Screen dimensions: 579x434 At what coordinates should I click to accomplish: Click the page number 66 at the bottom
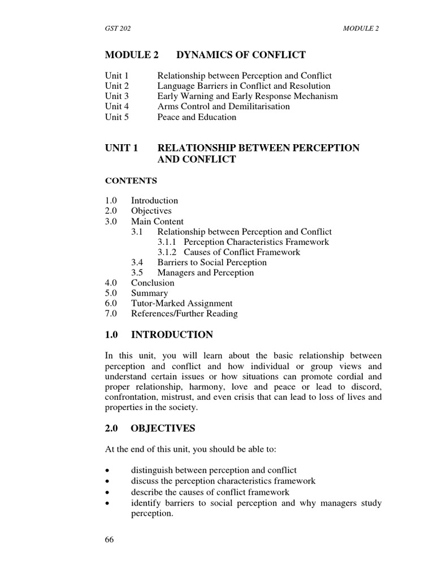tap(110, 539)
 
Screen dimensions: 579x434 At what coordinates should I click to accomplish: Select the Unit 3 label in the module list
tap(117, 96)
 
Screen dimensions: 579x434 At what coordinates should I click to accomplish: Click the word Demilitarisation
tap(257, 107)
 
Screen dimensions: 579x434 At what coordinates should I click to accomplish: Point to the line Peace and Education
tap(197, 118)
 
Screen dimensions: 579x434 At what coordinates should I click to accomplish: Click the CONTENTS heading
tap(131, 181)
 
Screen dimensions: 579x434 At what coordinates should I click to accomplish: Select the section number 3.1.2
tap(169, 252)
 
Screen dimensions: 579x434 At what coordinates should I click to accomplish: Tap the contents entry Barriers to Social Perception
tap(212, 262)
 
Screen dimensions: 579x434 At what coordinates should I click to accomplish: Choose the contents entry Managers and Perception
tap(206, 273)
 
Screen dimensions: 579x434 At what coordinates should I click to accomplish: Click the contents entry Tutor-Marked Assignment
tap(181, 304)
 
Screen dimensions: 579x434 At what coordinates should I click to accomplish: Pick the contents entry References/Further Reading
tap(184, 314)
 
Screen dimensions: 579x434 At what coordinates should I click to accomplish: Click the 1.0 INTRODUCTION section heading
tap(159, 335)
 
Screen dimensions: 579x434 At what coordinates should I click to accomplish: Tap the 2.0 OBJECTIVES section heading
tap(150, 429)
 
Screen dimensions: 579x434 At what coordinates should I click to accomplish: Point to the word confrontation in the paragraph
tap(132, 397)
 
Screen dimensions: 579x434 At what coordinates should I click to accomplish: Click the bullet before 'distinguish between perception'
tap(107, 471)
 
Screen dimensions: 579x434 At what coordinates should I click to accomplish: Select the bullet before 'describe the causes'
tap(107, 492)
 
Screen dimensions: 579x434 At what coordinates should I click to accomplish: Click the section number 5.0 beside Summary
tap(111, 293)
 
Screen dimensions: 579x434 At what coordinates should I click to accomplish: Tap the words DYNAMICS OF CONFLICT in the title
tap(241, 55)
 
